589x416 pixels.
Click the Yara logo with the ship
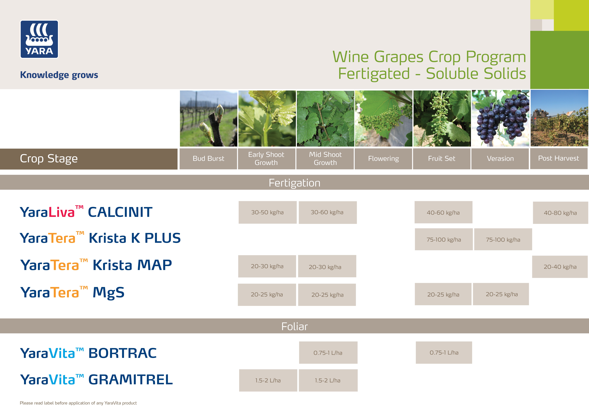(39, 39)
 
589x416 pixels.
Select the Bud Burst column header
(208, 159)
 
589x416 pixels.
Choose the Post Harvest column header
(559, 158)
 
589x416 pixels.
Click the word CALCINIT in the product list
(120, 212)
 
